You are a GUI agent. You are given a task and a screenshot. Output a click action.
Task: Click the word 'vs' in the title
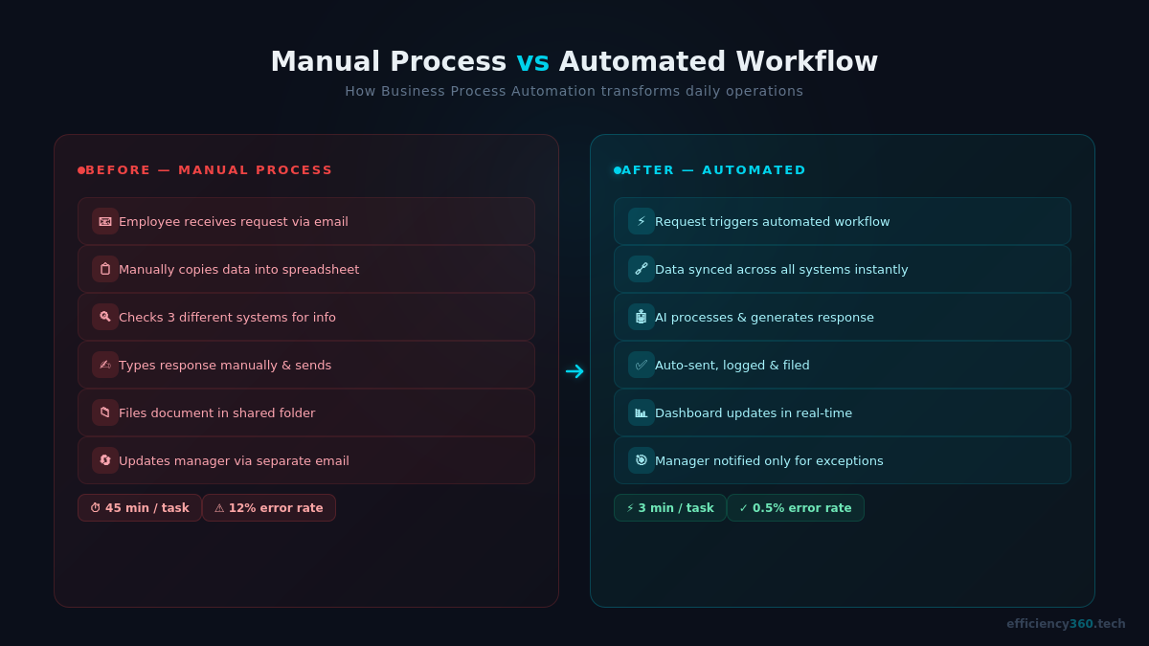coord(532,62)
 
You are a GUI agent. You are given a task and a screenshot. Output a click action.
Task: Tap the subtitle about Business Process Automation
coord(574,91)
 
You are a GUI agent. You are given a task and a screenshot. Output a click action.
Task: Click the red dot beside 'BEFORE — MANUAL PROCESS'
coord(81,170)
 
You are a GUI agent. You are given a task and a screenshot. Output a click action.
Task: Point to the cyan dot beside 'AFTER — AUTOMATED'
coord(618,170)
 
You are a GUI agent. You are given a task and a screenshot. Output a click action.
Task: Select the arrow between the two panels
coord(574,371)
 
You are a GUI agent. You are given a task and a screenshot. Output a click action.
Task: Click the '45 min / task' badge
coord(140,508)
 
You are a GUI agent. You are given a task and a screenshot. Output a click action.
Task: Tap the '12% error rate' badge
coord(269,508)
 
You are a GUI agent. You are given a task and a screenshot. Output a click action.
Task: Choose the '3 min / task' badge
coord(670,508)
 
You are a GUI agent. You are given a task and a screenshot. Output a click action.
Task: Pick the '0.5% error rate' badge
coord(796,508)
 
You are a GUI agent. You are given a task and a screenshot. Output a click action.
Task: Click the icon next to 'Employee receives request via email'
coord(105,221)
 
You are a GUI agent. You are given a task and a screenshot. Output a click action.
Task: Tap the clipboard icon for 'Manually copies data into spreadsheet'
coord(105,269)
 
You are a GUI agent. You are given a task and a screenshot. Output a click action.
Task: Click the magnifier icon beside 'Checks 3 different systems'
coord(105,317)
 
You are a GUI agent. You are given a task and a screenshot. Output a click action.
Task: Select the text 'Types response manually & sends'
coord(225,365)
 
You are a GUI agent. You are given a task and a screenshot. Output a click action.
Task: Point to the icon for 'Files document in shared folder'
coord(105,412)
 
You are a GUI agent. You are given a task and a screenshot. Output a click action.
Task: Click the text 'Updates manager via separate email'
coord(234,460)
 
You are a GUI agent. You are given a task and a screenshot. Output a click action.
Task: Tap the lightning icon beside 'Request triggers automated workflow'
coord(642,221)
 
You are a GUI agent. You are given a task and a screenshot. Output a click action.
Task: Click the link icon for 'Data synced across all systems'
coord(642,269)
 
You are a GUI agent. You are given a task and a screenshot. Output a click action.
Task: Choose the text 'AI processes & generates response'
coord(764,317)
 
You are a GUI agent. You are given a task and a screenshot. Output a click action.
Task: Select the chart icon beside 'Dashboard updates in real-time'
coord(642,412)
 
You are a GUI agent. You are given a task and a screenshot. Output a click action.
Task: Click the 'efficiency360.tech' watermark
coord(1066,624)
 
